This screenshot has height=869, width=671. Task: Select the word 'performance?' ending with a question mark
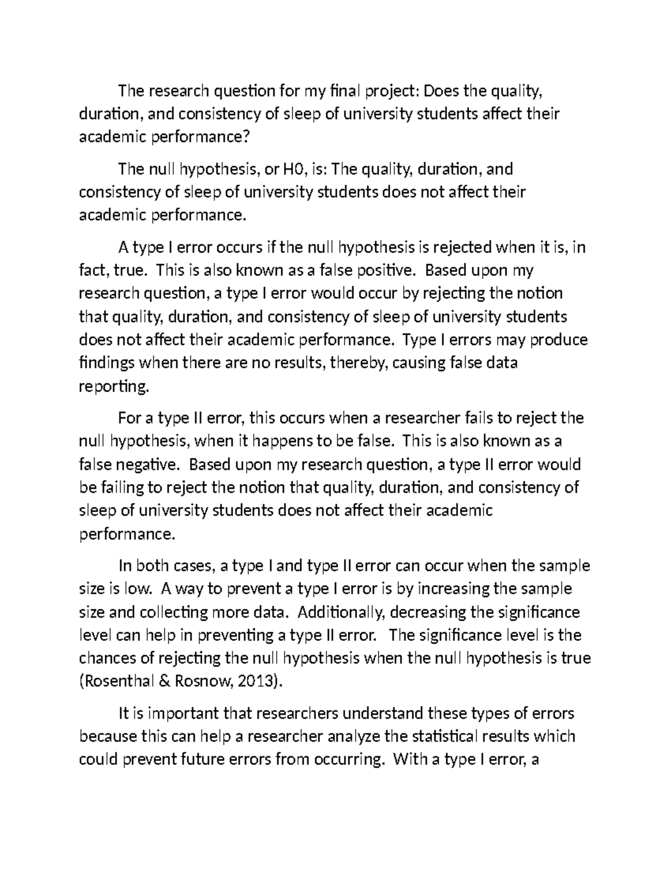[199, 137]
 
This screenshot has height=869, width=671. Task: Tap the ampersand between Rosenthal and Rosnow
[166, 682]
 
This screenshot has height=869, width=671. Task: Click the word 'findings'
[107, 363]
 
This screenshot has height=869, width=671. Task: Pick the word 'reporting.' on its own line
[115, 387]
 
